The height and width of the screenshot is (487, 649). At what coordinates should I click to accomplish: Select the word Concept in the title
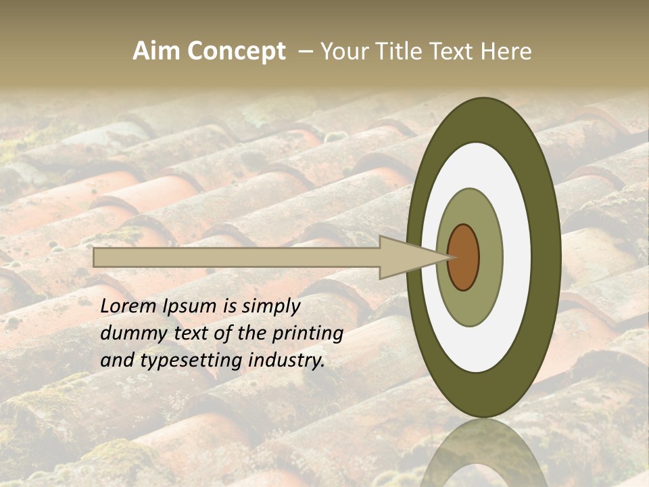pos(236,51)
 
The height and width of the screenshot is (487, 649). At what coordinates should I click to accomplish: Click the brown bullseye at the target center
pos(464,257)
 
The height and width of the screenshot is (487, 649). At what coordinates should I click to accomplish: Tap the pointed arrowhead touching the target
pos(412,257)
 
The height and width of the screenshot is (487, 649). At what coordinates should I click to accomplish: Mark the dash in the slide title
pos(305,51)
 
